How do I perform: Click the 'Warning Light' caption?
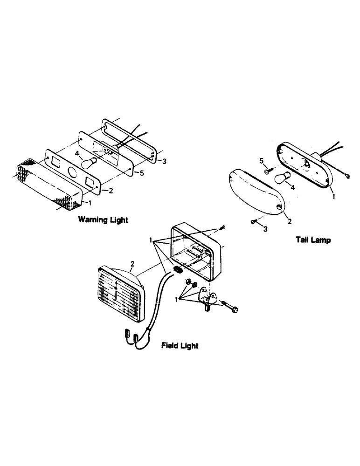(103, 219)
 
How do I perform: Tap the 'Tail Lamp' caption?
(313, 240)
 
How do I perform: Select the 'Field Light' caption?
(180, 345)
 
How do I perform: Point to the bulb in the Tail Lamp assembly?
(281, 179)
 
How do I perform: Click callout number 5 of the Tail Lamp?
(262, 161)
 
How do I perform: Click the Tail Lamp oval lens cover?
(256, 192)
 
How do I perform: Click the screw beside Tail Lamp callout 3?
(254, 222)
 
